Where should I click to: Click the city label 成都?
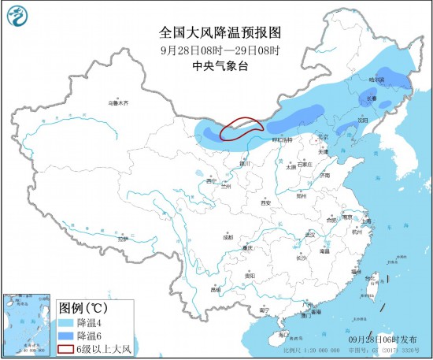tap(228, 236)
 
